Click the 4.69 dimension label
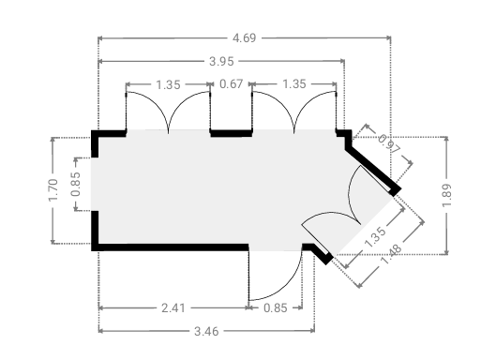(244, 37)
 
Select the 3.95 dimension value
(221, 61)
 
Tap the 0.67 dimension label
(232, 84)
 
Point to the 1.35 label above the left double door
(168, 84)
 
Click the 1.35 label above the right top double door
(294, 84)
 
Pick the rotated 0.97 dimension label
(389, 143)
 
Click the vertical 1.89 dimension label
(446, 196)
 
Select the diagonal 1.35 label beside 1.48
(375, 236)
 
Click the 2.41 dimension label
(173, 307)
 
